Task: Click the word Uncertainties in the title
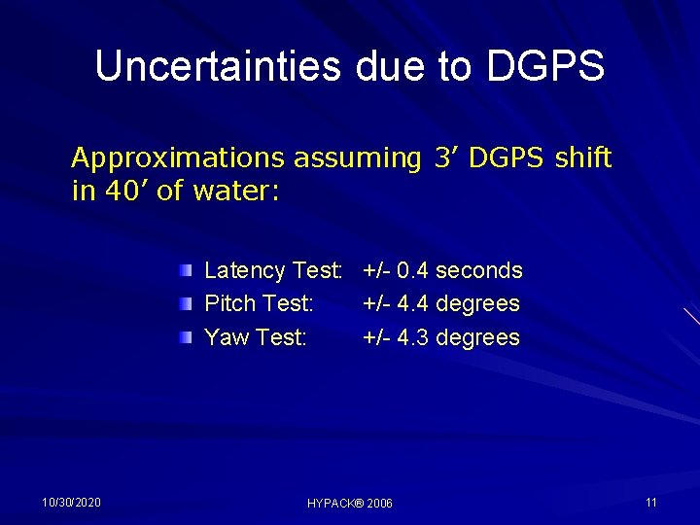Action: [x=218, y=66]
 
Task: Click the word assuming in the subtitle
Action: [x=355, y=157]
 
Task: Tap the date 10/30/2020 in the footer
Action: [x=71, y=502]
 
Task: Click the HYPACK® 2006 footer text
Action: [x=350, y=504]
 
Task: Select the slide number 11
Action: [x=651, y=502]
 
